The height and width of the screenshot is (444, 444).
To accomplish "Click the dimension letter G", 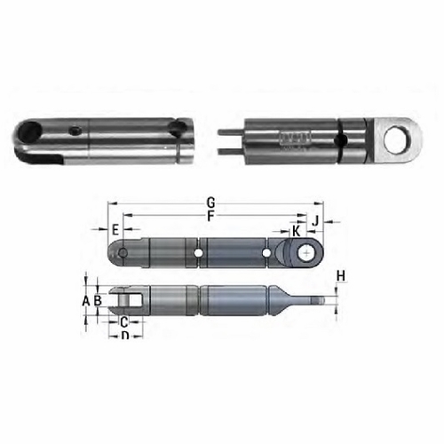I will pos(210,202).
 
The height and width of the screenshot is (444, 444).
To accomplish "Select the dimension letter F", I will pos(210,215).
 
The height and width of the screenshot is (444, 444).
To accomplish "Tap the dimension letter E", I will pos(115,230).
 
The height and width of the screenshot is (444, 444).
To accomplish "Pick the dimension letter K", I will pos(296,231).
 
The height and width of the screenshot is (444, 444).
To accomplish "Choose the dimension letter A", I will pos(86,301).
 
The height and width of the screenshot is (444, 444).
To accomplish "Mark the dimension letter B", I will pos(98,301).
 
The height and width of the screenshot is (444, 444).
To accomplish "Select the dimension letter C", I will pos(124,321).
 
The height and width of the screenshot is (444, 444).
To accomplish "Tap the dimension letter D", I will pos(125,337).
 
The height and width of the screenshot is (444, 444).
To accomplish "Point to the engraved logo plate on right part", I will pos(294,137).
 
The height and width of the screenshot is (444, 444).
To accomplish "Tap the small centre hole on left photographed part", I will pos(76,131).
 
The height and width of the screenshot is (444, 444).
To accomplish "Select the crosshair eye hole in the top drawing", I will pos(305,254).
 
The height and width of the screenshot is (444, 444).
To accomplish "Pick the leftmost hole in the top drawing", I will pos(122,254).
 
